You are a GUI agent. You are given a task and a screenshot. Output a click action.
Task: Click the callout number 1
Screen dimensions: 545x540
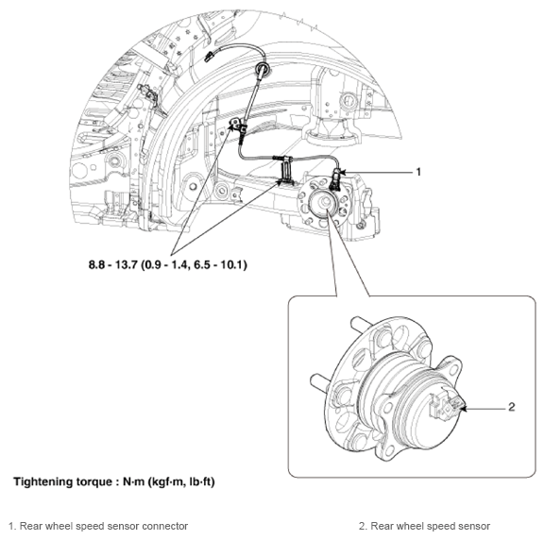[x=418, y=172]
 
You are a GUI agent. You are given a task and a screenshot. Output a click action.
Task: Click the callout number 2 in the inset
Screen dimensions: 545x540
[x=511, y=407]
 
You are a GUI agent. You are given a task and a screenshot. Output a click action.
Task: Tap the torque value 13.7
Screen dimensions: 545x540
[x=127, y=264]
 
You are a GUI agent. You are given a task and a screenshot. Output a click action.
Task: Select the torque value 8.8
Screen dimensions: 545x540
[x=96, y=264]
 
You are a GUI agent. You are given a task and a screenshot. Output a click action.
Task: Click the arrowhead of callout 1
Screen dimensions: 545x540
[x=341, y=172]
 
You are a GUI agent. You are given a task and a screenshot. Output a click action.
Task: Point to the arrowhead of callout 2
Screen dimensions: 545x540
[x=464, y=409]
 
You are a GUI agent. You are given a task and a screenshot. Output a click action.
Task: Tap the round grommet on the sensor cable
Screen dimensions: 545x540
[x=263, y=69]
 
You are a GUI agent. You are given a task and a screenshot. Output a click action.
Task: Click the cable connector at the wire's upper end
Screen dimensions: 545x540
[x=210, y=57]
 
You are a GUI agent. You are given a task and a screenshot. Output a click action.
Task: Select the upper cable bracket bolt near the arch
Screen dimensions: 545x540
[x=235, y=123]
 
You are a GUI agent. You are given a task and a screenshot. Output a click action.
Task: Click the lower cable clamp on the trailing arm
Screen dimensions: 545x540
[x=286, y=171]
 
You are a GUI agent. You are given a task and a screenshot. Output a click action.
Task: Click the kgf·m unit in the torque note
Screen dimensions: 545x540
[x=167, y=482]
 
